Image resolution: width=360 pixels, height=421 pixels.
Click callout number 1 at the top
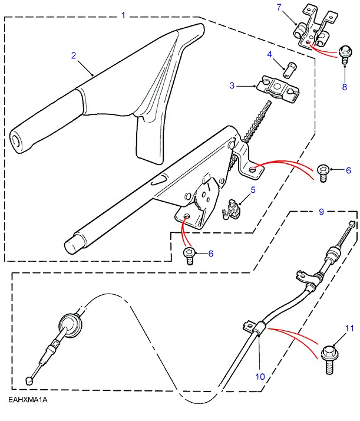point(123,15)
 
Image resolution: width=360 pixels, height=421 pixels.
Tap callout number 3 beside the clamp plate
point(232,85)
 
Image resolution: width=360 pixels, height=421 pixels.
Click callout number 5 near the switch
point(253,190)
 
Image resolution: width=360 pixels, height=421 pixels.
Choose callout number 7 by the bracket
point(280,6)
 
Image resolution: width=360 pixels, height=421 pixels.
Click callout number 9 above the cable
point(321,210)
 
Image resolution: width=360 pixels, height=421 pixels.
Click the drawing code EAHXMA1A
point(28,400)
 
